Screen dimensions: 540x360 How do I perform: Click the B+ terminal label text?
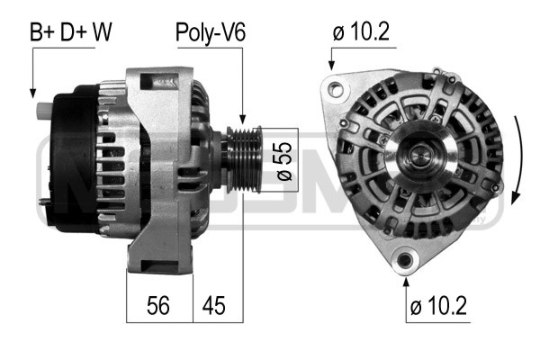(x=42, y=32)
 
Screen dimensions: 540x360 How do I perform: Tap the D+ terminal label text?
(x=74, y=32)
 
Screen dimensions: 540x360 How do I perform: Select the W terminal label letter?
(x=102, y=32)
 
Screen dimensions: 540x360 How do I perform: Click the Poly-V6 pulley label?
(x=211, y=33)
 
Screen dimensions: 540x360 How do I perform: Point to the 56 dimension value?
(x=158, y=305)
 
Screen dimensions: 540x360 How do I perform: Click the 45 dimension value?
(x=213, y=305)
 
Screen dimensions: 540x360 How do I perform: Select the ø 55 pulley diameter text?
(x=284, y=161)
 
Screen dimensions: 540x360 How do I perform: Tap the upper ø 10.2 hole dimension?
(x=361, y=31)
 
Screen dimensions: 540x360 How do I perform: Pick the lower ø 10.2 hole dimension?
(x=438, y=305)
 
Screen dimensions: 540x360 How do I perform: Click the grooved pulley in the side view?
(x=244, y=160)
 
